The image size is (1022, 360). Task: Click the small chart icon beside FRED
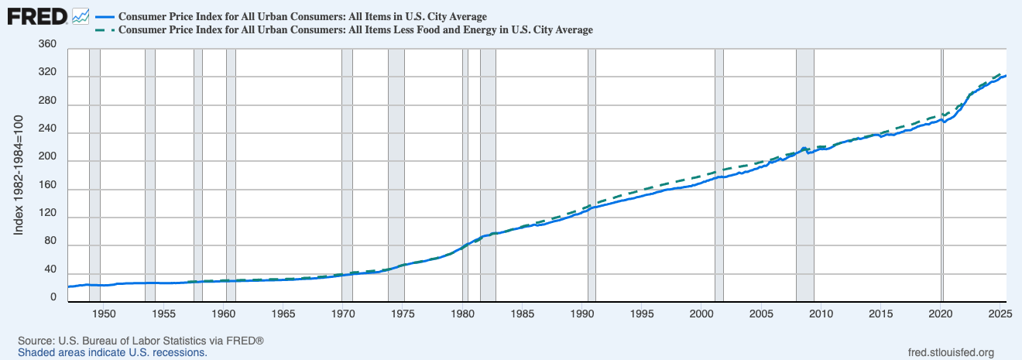click(x=80, y=15)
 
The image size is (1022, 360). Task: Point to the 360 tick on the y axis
click(x=48, y=45)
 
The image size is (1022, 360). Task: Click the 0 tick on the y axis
click(x=53, y=297)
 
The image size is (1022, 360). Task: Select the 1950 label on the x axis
click(x=104, y=314)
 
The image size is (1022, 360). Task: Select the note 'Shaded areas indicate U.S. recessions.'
click(x=112, y=352)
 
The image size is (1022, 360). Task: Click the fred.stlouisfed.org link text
click(x=950, y=352)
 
